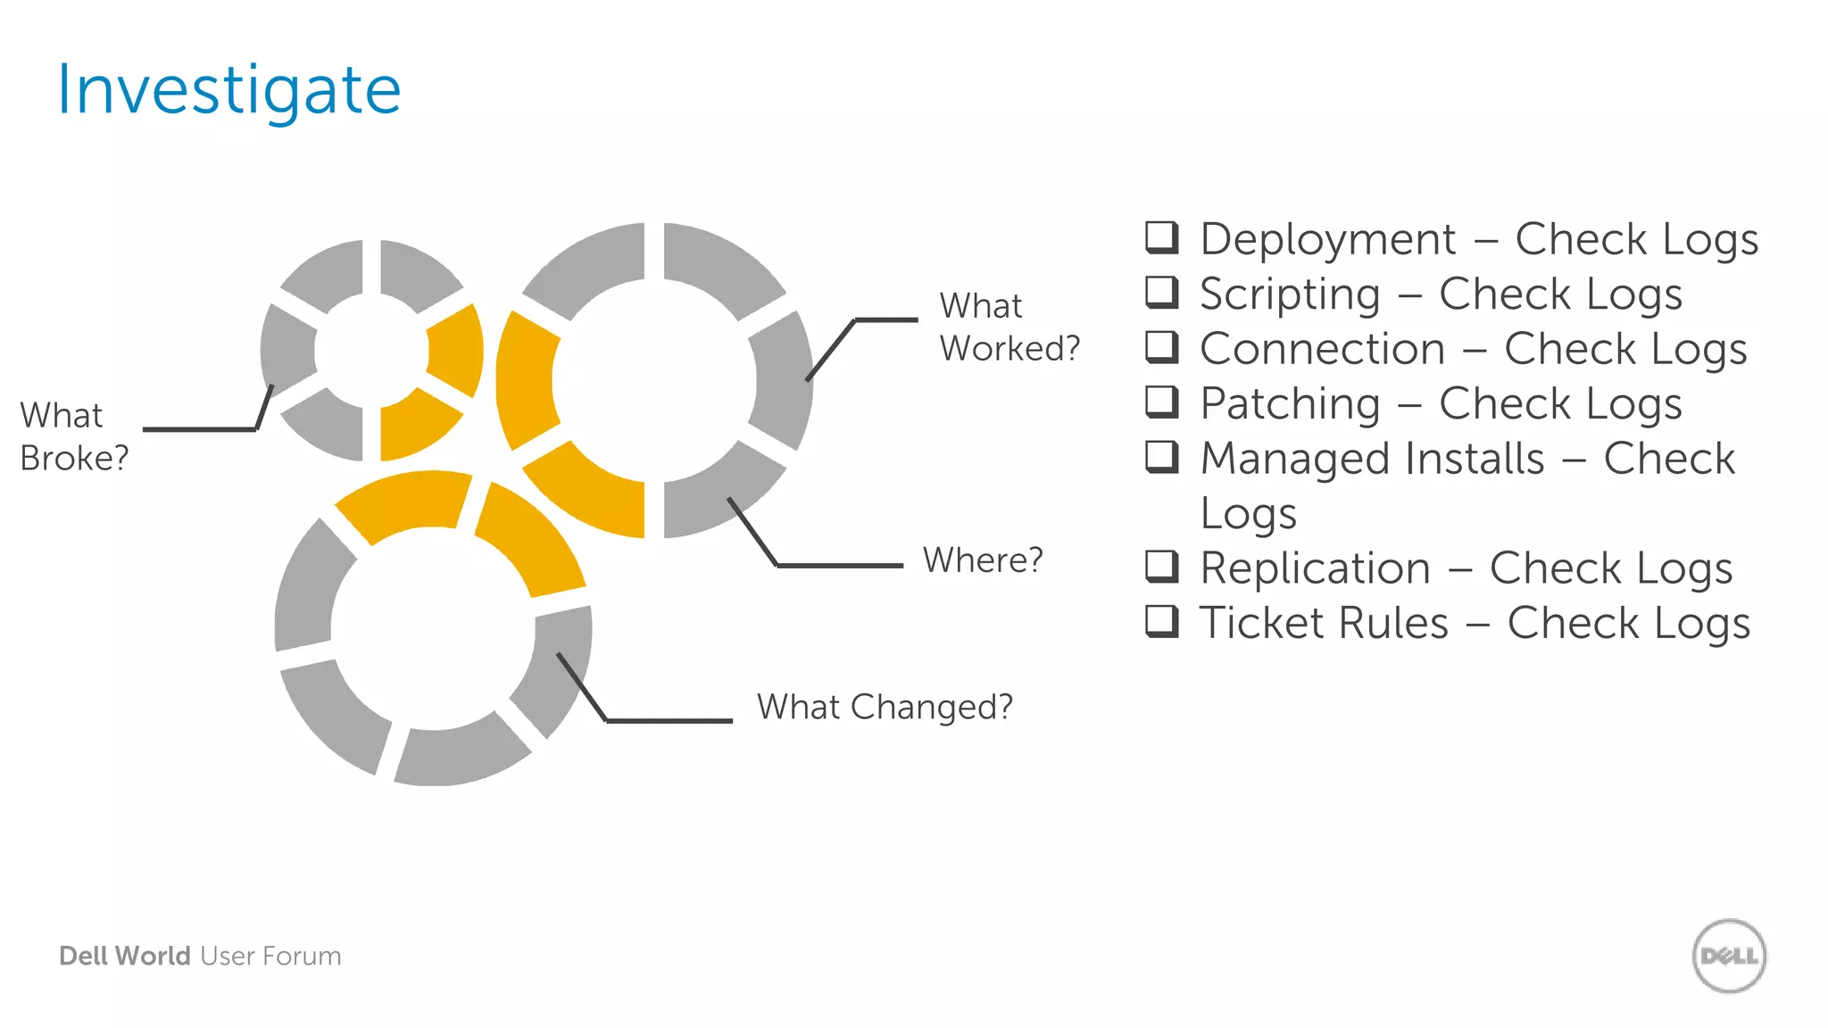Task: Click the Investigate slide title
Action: [228, 91]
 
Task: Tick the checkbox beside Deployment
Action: [1161, 237]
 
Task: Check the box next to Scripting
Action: [1161, 292]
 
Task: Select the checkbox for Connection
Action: [1161, 346]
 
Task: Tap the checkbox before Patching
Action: [1161, 402]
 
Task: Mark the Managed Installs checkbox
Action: [1161, 456]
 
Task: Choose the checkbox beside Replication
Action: [1161, 566]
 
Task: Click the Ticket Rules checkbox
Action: [1161, 621]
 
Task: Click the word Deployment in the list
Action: [1327, 240]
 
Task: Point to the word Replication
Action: [1315, 568]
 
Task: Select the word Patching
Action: [1290, 404]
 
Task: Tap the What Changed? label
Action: [885, 707]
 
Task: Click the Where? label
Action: [982, 560]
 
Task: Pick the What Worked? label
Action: [1009, 327]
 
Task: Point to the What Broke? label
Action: [74, 436]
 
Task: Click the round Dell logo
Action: [1729, 956]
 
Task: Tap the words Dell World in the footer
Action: [125, 956]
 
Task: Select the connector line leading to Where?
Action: [839, 565]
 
